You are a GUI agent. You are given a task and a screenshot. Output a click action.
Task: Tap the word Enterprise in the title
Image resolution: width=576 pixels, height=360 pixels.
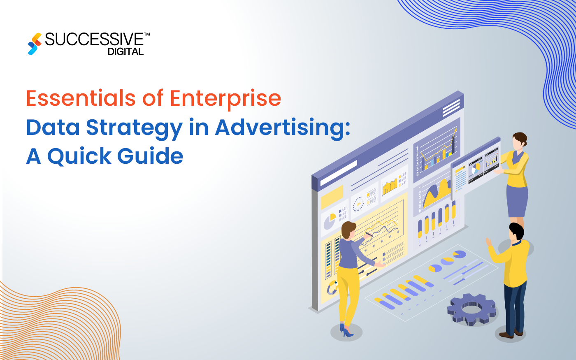tap(225, 99)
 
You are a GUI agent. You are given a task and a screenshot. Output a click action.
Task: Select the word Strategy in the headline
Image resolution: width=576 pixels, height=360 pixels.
tap(134, 128)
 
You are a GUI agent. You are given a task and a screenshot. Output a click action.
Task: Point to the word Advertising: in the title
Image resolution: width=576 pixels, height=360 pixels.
tap(283, 128)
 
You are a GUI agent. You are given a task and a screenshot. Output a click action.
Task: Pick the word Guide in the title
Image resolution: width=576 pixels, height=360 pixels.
tap(150, 156)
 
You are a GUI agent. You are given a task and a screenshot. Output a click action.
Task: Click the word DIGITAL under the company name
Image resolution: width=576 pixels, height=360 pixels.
tap(125, 52)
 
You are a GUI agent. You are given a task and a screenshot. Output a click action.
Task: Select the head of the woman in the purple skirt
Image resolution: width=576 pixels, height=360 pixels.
tap(520, 141)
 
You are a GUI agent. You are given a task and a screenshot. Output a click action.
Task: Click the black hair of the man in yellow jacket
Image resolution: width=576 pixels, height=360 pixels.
tap(516, 231)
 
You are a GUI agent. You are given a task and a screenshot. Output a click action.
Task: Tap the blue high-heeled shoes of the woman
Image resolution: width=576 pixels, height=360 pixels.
tap(346, 330)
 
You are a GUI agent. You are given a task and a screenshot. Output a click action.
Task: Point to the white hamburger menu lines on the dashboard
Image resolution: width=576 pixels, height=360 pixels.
tap(451, 108)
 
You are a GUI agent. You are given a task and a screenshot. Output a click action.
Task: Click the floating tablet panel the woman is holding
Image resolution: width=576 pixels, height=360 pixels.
tap(476, 169)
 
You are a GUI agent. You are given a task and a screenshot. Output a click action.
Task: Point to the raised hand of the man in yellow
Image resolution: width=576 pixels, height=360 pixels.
tap(489, 242)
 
